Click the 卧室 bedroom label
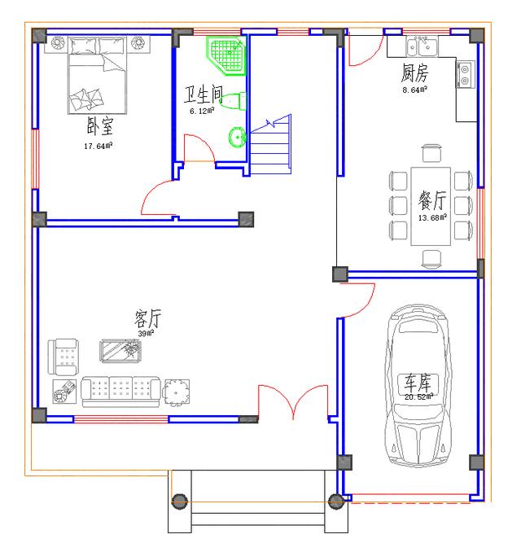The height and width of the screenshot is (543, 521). (99, 128)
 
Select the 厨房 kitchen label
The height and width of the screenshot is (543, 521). (414, 74)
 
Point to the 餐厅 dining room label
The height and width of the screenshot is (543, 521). (432, 200)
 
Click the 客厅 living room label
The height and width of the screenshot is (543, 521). (147, 318)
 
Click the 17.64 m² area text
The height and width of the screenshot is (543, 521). (99, 147)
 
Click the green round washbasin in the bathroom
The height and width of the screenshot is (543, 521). (238, 138)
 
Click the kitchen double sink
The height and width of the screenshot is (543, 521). (422, 46)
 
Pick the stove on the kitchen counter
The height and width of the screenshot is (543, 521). (465, 75)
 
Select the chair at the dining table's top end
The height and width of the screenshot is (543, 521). (431, 153)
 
